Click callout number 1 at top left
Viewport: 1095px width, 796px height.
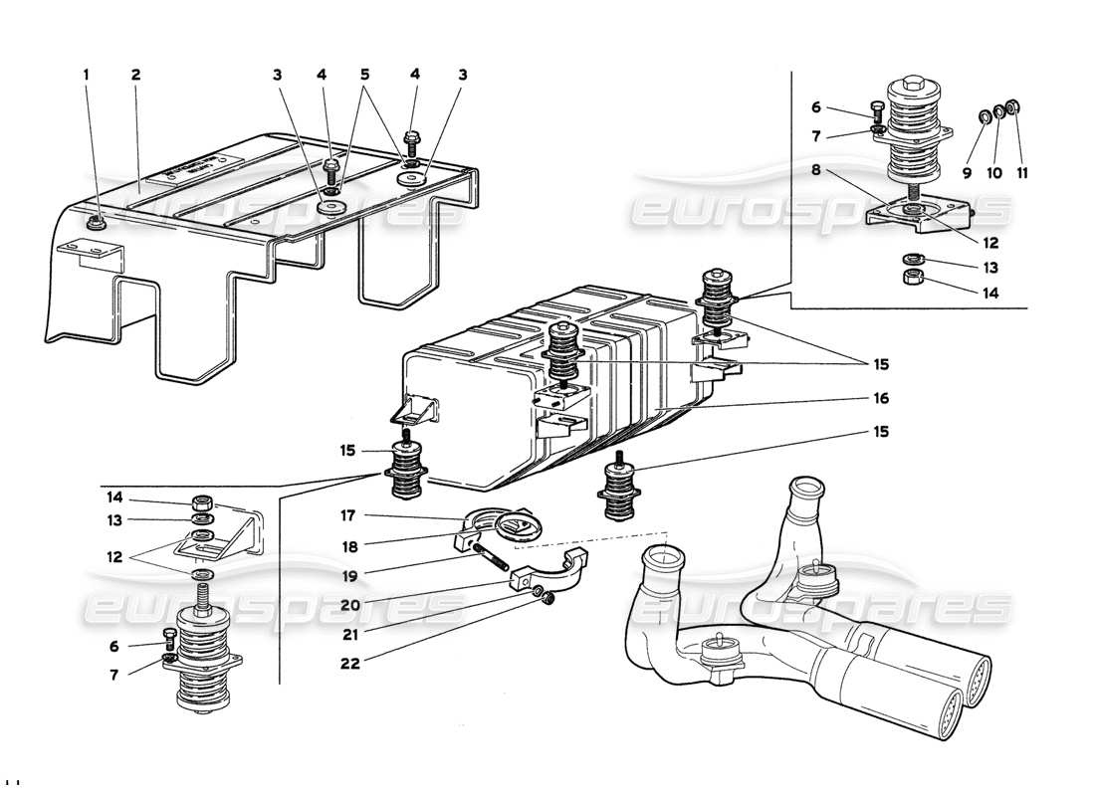tap(86, 75)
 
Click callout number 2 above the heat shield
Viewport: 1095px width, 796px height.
tap(135, 75)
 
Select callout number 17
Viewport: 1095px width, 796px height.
tap(347, 515)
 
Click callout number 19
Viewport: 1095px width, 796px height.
tap(347, 573)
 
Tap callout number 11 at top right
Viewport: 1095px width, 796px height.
tap(1022, 172)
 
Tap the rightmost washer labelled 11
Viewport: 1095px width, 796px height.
tap(1012, 107)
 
